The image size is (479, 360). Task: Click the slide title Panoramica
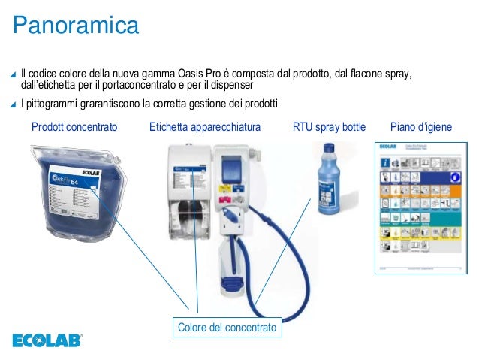tap(75, 26)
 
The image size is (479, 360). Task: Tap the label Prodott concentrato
tap(74, 128)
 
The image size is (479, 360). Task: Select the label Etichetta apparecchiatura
tap(205, 128)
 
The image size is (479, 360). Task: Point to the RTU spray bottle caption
tap(329, 128)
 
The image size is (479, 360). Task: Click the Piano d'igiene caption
tap(422, 128)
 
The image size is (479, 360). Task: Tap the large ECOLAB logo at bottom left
tap(47, 340)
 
